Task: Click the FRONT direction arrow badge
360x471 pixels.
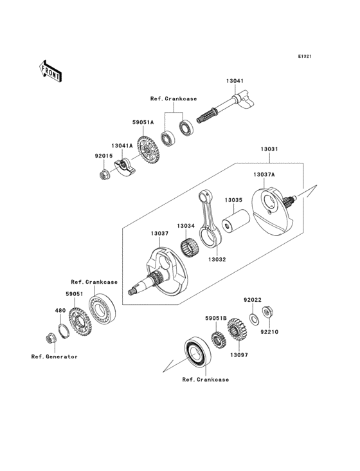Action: [51, 70]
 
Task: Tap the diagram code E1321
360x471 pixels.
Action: [304, 57]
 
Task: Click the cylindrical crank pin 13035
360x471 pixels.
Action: [231, 228]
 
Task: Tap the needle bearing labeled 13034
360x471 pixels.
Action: [190, 245]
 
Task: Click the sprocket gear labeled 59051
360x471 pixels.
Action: [79, 322]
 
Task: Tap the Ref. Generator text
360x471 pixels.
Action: [54, 356]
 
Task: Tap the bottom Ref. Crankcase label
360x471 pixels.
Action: [205, 380]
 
